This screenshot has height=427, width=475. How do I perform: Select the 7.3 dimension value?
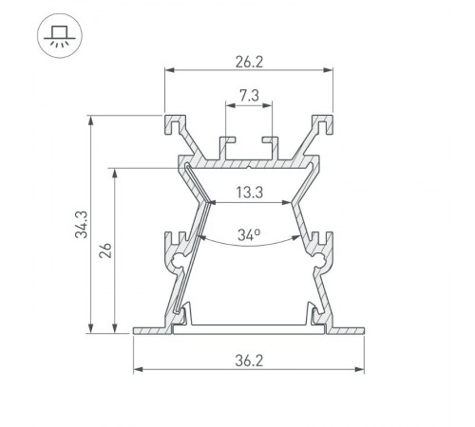(248, 96)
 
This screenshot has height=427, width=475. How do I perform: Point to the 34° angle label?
(248, 234)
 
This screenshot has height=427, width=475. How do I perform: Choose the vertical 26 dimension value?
(105, 251)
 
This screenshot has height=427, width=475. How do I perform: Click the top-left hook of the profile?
(174, 122)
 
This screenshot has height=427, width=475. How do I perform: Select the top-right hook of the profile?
(323, 122)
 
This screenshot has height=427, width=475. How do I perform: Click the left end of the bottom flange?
(136, 331)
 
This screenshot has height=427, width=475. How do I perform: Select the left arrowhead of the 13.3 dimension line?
(210, 202)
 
